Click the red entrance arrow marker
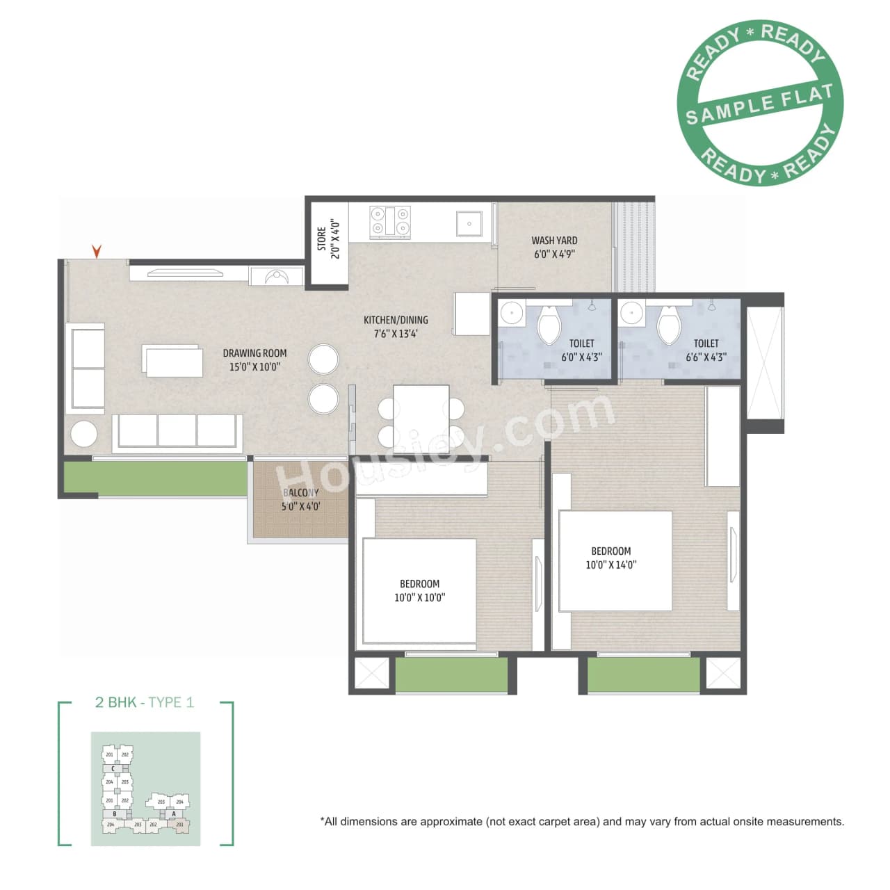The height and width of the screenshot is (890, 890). pyautogui.click(x=97, y=251)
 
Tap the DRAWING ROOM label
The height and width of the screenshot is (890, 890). pyautogui.click(x=254, y=353)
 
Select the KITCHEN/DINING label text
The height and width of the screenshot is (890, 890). pyautogui.click(x=396, y=320)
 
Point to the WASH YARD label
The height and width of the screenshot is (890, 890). pyautogui.click(x=554, y=241)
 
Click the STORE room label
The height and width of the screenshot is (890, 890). pyautogui.click(x=321, y=239)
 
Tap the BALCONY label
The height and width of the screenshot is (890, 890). pyautogui.click(x=300, y=492)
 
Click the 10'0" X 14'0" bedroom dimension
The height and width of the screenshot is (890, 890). pyautogui.click(x=610, y=565)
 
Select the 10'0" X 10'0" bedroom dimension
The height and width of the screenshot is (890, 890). pyautogui.click(x=419, y=597)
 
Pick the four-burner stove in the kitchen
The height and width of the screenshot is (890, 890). pyautogui.click(x=389, y=221)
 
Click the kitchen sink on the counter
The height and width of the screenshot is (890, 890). pyautogui.click(x=469, y=224)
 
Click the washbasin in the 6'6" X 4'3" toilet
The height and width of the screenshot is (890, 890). pyautogui.click(x=631, y=314)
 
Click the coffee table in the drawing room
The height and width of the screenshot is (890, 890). pyautogui.click(x=173, y=360)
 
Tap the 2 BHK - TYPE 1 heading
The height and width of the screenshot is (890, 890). pyautogui.click(x=145, y=702)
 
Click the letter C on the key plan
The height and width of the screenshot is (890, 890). pyautogui.click(x=113, y=768)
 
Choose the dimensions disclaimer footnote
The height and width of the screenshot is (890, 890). pyautogui.click(x=582, y=822)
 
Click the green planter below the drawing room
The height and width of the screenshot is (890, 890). pyautogui.click(x=156, y=478)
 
